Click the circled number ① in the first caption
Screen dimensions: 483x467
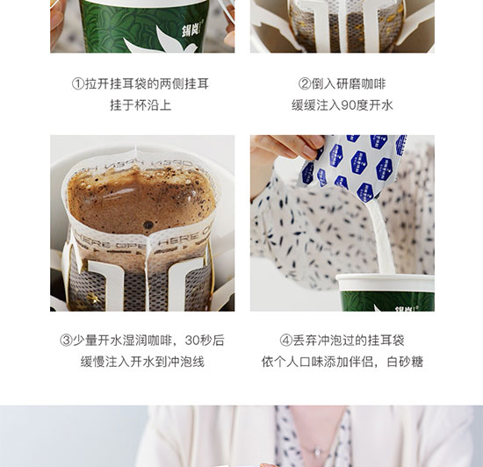78,83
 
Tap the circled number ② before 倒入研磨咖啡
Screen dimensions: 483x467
305,83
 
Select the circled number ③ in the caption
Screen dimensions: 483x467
66,341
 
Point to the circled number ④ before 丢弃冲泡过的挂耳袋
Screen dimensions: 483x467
286,341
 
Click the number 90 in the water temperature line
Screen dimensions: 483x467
349,105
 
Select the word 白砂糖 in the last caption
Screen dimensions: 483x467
405,362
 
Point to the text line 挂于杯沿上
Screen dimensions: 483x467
141,105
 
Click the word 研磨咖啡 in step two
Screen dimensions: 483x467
361,83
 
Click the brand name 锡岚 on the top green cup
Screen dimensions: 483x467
190,30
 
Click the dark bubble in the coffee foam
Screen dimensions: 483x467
148,225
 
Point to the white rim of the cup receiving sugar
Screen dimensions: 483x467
385,278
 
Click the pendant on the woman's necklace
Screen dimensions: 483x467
317,452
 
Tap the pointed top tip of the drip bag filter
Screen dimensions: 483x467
135,147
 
